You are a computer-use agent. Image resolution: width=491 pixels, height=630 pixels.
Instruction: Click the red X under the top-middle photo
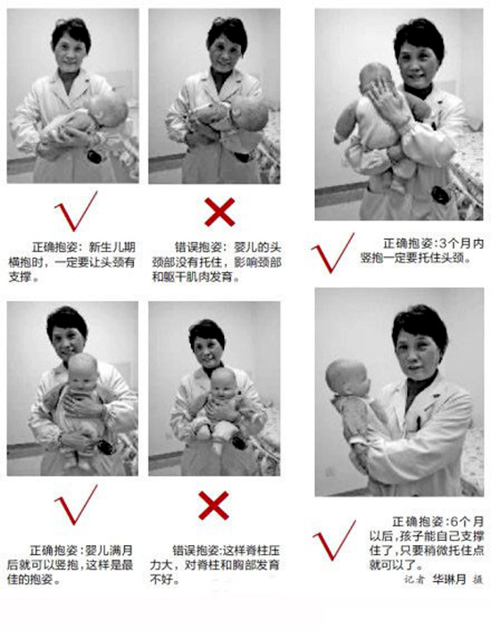pos(220,212)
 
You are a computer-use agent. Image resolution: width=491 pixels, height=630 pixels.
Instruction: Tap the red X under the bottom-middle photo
pos(213,505)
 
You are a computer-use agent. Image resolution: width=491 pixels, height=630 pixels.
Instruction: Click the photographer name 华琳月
pos(450,579)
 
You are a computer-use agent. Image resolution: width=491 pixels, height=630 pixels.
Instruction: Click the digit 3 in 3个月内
pos(443,244)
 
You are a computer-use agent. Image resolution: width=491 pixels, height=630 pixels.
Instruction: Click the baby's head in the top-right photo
pos(376,79)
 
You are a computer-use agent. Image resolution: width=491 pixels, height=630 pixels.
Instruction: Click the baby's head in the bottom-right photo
pos(346,378)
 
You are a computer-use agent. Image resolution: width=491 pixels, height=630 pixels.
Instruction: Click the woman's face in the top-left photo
pos(70,53)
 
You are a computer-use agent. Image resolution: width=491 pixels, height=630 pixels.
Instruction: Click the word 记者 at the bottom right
pos(414,579)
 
